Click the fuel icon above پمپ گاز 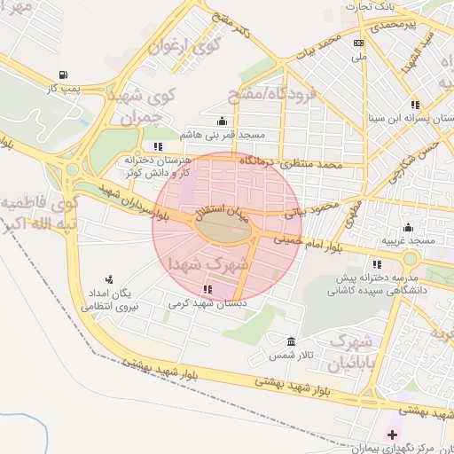62,74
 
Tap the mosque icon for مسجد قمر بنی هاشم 221,121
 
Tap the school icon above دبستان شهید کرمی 207,289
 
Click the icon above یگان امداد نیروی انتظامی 110,279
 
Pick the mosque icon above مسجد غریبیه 408,227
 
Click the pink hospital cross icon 392,434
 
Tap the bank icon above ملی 358,43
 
